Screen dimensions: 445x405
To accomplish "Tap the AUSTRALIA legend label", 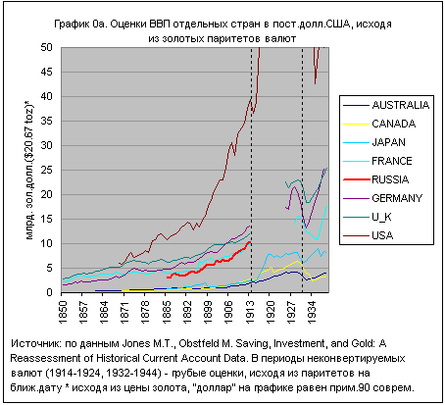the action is [x=401, y=105].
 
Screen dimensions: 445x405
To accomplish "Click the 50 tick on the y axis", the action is [x=46, y=47].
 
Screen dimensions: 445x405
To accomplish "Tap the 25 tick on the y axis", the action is [x=46, y=170].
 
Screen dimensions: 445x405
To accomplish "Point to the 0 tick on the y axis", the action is [x=49, y=292].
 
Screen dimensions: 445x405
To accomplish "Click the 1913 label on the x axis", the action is [x=250, y=312].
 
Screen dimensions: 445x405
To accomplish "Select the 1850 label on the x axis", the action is [x=62, y=312].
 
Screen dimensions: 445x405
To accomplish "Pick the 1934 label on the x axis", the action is [x=312, y=312].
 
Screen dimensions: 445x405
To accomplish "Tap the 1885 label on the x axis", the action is [x=167, y=312].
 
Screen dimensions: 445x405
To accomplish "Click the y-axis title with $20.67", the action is [x=29, y=170].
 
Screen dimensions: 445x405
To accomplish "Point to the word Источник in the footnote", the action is [x=35, y=343].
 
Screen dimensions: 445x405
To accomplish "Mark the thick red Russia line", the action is [x=209, y=264].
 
